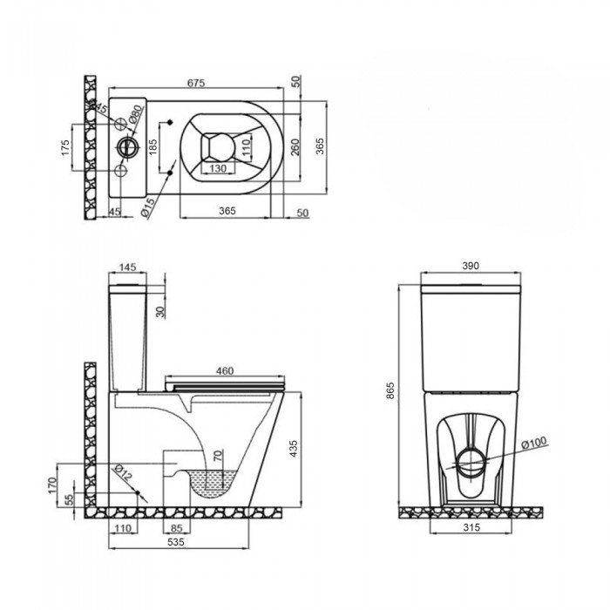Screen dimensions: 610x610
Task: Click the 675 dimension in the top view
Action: tap(196, 83)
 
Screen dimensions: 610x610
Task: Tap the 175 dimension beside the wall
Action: tap(65, 147)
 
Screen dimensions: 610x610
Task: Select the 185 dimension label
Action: tap(152, 147)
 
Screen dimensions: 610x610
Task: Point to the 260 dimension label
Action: tap(295, 146)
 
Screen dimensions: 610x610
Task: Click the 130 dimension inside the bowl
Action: tap(218, 168)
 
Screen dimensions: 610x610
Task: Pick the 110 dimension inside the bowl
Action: tap(246, 147)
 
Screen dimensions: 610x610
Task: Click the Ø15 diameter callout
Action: tap(148, 207)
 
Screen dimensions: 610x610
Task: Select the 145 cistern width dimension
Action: tap(127, 267)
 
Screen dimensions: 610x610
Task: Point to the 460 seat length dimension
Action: tap(225, 370)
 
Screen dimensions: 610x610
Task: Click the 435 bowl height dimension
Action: tap(294, 448)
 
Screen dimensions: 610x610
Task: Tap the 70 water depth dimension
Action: tap(218, 455)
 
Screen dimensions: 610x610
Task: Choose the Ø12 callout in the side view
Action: tap(124, 472)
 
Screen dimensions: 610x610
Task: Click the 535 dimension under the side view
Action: tap(176, 541)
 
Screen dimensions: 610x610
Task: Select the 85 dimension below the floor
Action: tap(177, 528)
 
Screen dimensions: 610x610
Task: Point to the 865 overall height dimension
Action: tap(390, 390)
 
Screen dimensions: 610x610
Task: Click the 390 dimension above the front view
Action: tap(471, 266)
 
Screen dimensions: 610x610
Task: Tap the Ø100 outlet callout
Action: tap(534, 443)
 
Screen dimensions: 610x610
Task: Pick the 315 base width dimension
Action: tap(471, 527)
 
